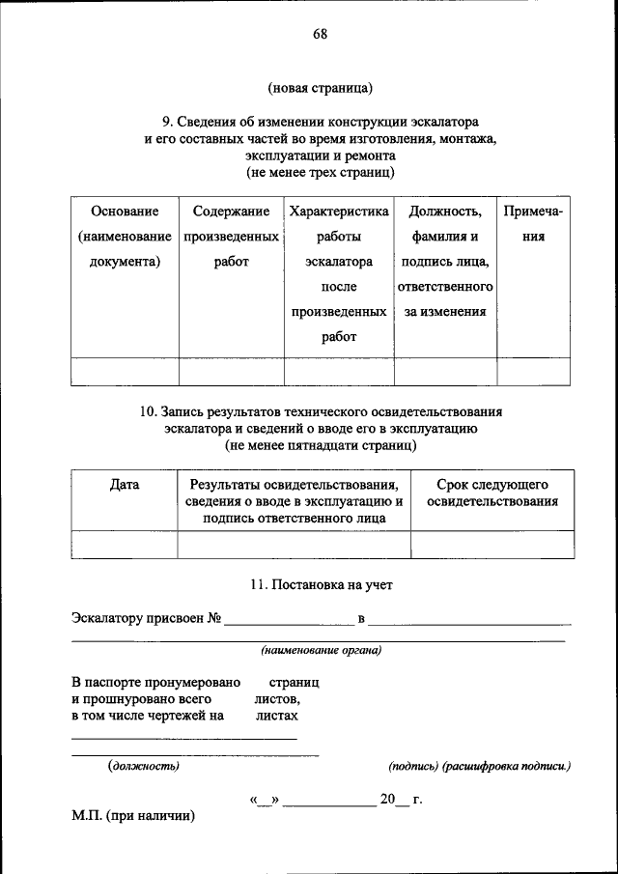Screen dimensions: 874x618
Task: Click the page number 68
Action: click(x=320, y=35)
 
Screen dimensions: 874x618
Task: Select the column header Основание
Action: click(x=124, y=211)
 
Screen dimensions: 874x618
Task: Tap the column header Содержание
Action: click(x=231, y=211)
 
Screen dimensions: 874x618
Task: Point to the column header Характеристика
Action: click(x=338, y=211)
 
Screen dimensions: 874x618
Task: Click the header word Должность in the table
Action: click(x=445, y=211)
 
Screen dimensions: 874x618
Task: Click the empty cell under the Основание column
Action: click(x=124, y=371)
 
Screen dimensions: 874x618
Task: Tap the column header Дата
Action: click(x=125, y=485)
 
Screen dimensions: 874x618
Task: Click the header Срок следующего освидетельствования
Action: click(x=492, y=493)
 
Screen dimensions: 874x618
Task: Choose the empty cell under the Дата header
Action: click(x=125, y=545)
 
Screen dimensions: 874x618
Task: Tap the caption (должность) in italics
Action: click(x=143, y=766)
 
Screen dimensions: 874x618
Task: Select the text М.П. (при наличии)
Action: click(x=133, y=816)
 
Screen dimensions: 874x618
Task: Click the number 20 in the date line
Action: click(x=387, y=800)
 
